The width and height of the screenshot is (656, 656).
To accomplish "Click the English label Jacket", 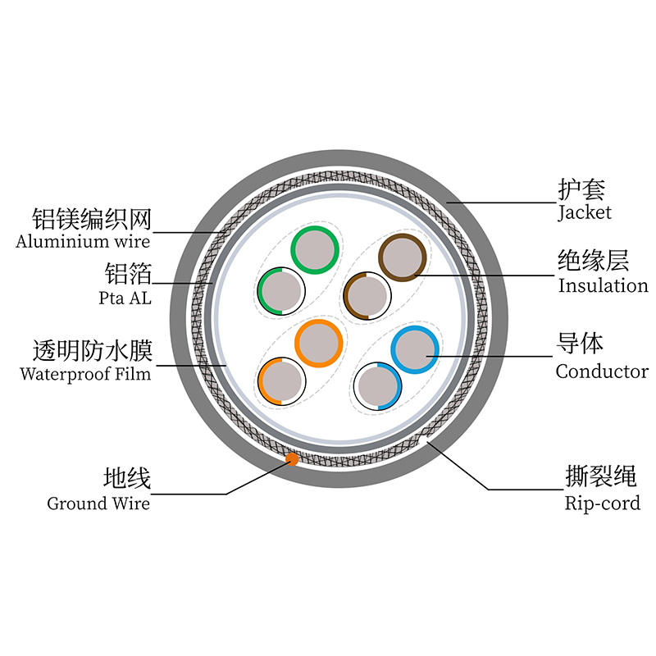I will tap(584, 213).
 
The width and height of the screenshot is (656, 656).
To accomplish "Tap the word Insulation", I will tap(603, 286).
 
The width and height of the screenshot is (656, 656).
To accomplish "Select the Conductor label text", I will tap(602, 371).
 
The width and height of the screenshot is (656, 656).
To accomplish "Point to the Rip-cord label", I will tap(602, 503).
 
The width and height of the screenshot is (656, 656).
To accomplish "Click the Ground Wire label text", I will tap(98, 503).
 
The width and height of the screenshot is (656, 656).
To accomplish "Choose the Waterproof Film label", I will tap(85, 375).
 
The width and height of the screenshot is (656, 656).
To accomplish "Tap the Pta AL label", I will tap(125, 298).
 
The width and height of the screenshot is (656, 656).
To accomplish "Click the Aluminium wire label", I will tap(83, 241).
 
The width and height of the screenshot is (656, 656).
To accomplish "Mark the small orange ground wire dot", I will tap(291, 459).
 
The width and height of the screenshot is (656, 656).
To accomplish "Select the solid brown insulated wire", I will tap(403, 256).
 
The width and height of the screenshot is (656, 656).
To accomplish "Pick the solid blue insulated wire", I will tap(415, 349).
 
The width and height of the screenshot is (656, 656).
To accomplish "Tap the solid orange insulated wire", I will tap(318, 343).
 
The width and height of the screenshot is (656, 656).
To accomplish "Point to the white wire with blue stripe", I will tap(378, 385).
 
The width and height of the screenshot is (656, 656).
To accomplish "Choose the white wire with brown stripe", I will tap(366, 295).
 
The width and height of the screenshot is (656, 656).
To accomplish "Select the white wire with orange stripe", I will tap(281, 381).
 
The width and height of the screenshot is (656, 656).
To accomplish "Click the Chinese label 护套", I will tap(581, 190).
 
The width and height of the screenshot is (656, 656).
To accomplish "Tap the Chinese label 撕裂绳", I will tap(601, 476).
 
